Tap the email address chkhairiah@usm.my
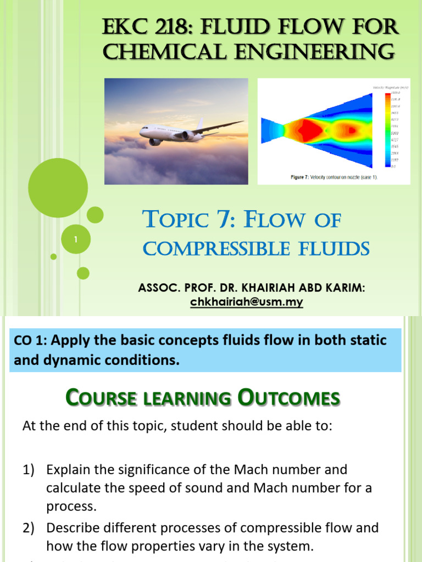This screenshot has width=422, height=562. click(247, 302)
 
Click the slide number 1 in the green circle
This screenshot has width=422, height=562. click(75, 240)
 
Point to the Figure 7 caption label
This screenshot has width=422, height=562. click(302, 178)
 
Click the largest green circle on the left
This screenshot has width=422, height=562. click(58, 187)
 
